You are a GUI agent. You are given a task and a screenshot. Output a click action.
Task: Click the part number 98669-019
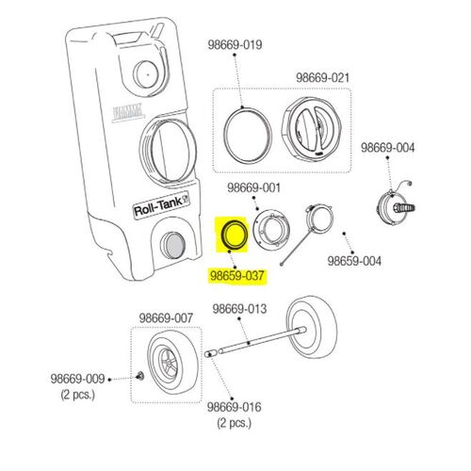235,45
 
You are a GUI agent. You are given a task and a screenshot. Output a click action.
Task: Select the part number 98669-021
322,77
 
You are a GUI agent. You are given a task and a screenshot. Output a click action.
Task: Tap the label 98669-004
387,148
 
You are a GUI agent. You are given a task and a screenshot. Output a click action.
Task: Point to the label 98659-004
354,261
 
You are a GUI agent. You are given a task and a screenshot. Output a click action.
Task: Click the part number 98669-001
253,188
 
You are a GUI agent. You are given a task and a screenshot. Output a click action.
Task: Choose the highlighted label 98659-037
237,276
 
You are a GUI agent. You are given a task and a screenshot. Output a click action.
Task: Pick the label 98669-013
239,309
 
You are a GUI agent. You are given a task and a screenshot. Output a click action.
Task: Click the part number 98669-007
166,318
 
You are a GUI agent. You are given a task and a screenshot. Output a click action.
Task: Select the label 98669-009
77,379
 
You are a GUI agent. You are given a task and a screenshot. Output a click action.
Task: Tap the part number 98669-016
235,407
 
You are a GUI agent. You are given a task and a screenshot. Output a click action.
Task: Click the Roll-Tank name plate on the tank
162,205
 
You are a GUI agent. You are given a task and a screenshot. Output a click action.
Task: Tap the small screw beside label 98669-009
140,375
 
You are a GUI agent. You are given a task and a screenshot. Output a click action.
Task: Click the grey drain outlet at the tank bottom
172,245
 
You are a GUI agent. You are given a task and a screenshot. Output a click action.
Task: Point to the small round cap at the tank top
146,74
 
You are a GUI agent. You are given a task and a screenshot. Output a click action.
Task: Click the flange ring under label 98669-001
271,227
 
